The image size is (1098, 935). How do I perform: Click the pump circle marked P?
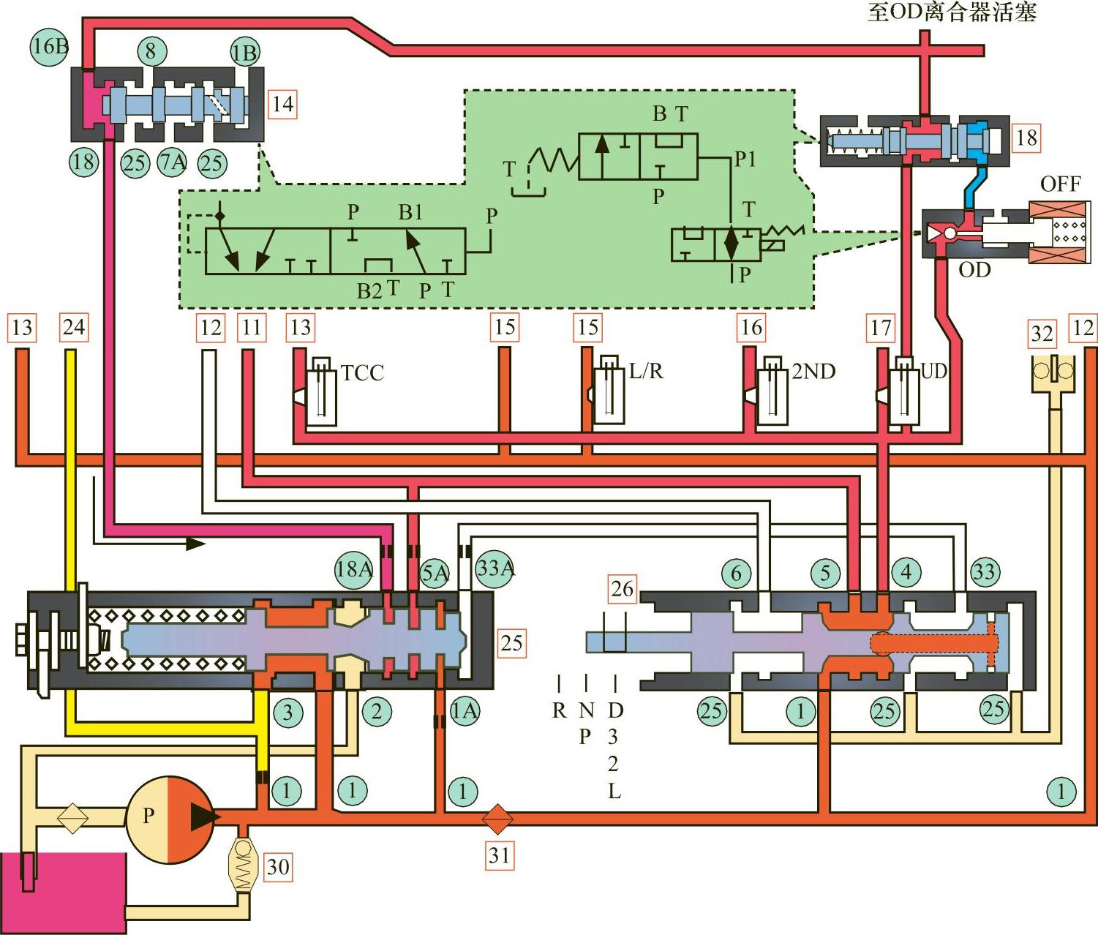(x=170, y=819)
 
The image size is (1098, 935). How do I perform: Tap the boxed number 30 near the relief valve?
(x=277, y=867)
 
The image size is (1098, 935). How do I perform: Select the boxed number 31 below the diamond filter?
(x=499, y=855)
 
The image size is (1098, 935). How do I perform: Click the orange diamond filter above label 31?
(x=497, y=819)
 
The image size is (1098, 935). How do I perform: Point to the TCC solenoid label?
(x=362, y=373)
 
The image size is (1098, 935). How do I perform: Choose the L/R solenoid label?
(x=646, y=372)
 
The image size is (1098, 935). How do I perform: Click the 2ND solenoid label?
(x=813, y=372)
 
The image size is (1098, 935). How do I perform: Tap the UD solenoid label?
(x=933, y=372)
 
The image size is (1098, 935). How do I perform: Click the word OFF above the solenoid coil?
(x=1060, y=184)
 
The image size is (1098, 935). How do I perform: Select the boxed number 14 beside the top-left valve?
(x=282, y=104)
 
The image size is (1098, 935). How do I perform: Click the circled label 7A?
(x=173, y=162)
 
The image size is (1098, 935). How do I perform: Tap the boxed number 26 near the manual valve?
(x=623, y=588)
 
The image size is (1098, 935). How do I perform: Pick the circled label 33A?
(x=495, y=568)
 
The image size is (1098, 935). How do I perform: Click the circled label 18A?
(x=354, y=568)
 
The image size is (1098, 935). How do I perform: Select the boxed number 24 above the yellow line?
(x=73, y=327)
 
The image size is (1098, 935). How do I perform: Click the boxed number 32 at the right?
(x=1042, y=334)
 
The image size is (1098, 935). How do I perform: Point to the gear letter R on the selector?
(x=560, y=710)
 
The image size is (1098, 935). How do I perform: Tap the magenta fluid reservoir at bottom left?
(x=63, y=893)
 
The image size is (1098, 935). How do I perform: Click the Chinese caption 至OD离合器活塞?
(x=952, y=12)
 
